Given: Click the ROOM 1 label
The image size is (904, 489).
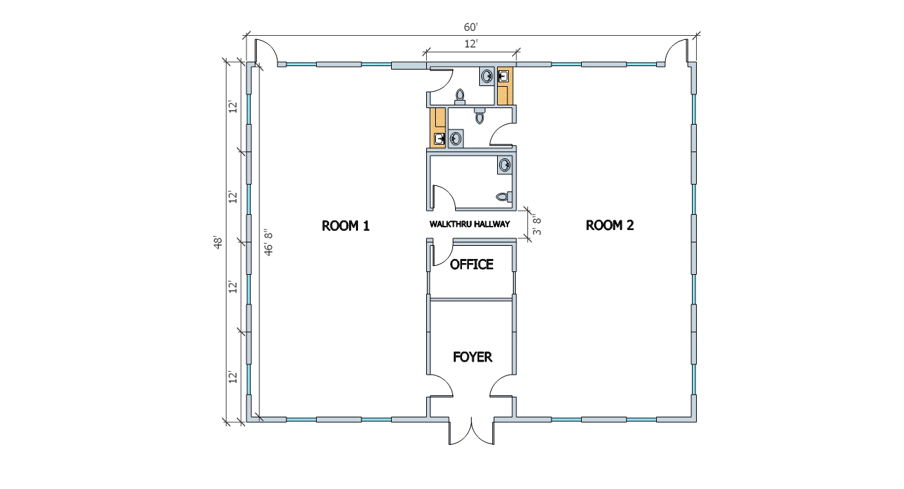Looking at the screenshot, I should (x=346, y=225).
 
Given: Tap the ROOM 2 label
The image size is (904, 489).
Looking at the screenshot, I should (x=609, y=225).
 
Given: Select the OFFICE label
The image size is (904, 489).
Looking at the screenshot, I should (x=472, y=264).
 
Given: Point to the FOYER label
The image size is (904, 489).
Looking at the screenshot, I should (x=472, y=357).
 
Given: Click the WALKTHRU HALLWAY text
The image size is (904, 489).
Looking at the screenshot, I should (x=469, y=224).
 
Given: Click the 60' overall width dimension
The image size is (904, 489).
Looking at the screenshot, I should (x=470, y=27).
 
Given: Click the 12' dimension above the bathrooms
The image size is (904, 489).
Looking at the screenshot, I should (x=472, y=44).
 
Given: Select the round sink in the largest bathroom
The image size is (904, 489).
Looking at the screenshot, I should (x=505, y=165).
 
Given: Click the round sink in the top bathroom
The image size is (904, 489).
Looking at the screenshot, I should (x=487, y=76).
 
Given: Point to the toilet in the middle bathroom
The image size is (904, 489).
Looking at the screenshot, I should (x=479, y=117).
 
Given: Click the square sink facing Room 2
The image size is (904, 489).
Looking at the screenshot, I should (x=503, y=76).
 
